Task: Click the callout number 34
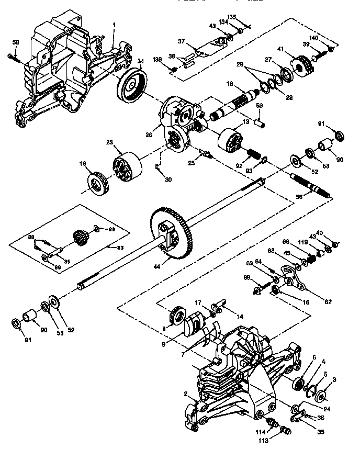click(140, 62)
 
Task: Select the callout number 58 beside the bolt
click(15, 42)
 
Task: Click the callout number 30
click(167, 179)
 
